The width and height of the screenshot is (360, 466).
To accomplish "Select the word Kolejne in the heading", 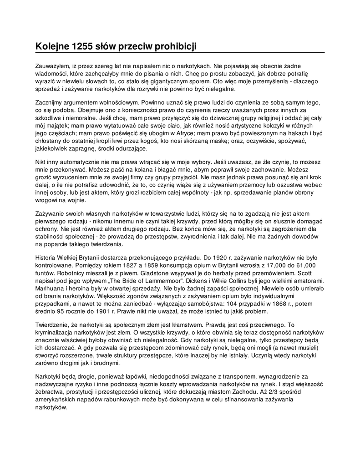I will pyautogui.click(x=52, y=46).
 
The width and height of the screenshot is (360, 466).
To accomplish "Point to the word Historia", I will pyautogui.click(x=47, y=258).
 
